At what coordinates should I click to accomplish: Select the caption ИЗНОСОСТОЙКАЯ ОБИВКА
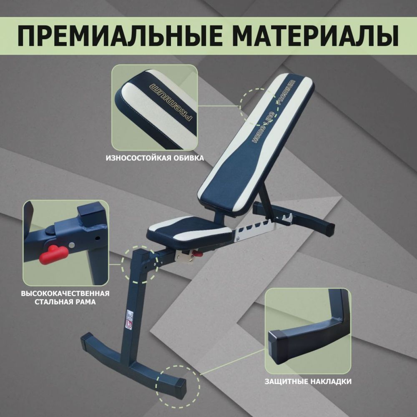(155, 158)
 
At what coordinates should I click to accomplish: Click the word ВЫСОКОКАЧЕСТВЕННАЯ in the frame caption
(65, 293)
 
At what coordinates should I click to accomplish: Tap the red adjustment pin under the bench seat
(196, 253)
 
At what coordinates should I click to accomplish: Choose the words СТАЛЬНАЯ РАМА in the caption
(65, 301)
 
